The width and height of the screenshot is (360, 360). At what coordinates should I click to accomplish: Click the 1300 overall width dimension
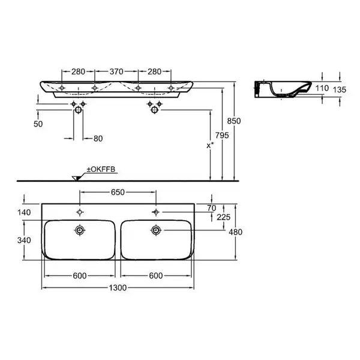click(118, 287)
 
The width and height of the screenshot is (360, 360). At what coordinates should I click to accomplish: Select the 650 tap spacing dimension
click(118, 192)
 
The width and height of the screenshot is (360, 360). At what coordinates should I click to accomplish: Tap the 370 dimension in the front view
click(116, 71)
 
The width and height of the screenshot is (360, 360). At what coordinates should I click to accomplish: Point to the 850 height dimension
click(234, 121)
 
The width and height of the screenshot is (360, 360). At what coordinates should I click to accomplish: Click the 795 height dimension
click(222, 136)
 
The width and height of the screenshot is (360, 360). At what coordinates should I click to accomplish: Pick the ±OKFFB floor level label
click(101, 169)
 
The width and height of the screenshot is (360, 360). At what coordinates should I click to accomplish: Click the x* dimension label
click(210, 145)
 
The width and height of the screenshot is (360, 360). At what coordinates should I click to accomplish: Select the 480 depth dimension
click(236, 232)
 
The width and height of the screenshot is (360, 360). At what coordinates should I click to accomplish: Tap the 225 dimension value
click(223, 217)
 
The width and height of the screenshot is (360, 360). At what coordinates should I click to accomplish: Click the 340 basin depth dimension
click(24, 241)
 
